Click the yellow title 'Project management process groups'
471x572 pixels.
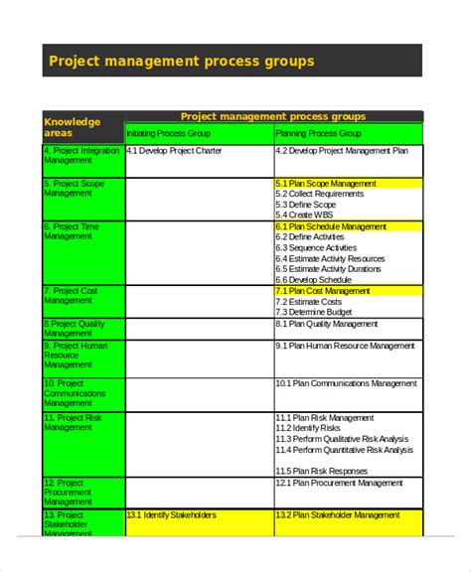[x=182, y=62]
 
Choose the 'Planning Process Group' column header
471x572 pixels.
[x=317, y=132]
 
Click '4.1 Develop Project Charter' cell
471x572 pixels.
[x=174, y=151]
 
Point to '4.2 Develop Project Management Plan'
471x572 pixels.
[x=341, y=151]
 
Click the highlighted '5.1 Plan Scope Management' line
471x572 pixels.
[x=325, y=184]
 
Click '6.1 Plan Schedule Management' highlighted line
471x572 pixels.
[x=331, y=226]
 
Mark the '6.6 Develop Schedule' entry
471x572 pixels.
[x=313, y=280]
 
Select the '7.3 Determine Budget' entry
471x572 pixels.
[x=313, y=312]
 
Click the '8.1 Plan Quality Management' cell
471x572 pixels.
[x=327, y=324]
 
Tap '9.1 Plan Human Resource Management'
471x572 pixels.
[x=345, y=346]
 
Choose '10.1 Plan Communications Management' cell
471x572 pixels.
[x=346, y=383]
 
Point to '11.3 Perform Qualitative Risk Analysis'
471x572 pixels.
[x=343, y=439]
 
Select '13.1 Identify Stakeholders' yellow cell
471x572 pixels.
[x=171, y=515]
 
